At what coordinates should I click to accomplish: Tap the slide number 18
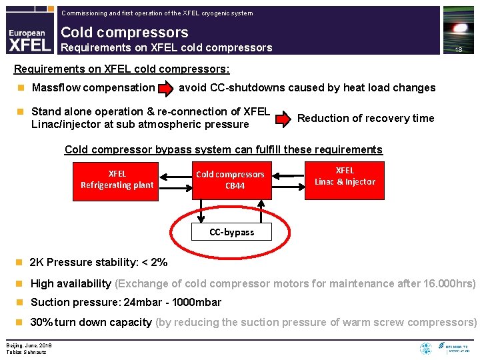[458, 50]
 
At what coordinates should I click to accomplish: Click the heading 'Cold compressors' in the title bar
[125, 32]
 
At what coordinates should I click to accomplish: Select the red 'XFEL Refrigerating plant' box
[117, 179]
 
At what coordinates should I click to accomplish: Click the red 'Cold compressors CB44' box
[231, 180]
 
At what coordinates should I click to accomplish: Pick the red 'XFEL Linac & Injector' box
[345, 176]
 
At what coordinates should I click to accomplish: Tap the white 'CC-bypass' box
[231, 232]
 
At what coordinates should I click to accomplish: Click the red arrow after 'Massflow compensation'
[165, 88]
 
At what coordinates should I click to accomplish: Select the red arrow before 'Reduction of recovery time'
[284, 119]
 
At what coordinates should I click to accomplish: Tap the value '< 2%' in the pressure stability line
[154, 263]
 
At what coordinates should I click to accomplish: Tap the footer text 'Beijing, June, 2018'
[29, 345]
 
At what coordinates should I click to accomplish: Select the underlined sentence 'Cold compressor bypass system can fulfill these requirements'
[223, 150]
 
